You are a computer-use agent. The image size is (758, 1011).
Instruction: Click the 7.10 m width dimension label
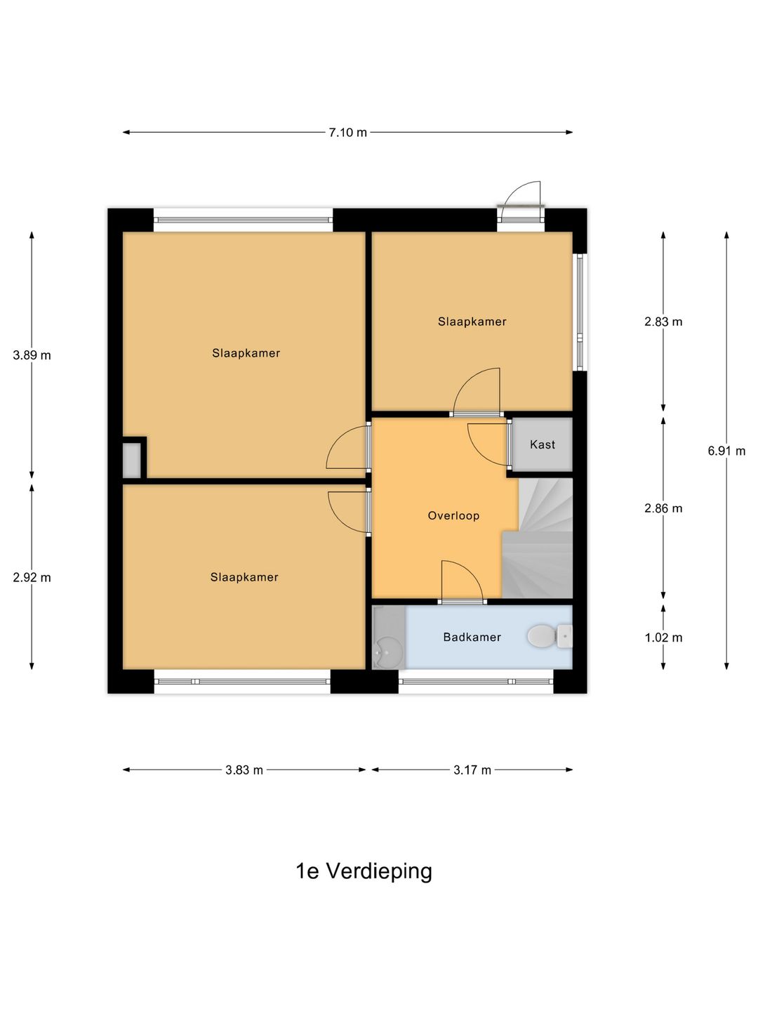[x=347, y=132]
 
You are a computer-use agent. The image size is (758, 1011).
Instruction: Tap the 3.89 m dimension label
[x=32, y=355]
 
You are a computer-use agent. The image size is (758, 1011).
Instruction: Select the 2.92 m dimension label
[x=32, y=578]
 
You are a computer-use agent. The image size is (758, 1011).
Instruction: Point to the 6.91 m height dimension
[x=726, y=451]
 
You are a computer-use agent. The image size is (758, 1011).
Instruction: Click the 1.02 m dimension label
[x=663, y=637]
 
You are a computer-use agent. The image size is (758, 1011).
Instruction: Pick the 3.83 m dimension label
[x=244, y=770]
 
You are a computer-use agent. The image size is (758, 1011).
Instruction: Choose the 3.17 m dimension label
[x=472, y=770]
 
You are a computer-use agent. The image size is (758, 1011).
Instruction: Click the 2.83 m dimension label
[x=663, y=322]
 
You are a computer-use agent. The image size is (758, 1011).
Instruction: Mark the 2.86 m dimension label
[x=663, y=508]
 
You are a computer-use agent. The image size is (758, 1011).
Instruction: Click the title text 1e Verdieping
[x=364, y=871]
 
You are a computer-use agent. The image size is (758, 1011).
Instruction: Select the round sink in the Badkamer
[x=387, y=652]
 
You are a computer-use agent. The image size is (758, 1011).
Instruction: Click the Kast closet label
[x=543, y=444]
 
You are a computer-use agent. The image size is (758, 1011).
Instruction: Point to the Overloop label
[x=453, y=515]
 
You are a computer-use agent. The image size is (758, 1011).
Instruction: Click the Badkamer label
[x=472, y=637]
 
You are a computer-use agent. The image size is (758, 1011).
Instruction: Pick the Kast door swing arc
[x=486, y=444]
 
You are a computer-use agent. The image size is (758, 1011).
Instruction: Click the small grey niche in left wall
[x=132, y=460]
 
